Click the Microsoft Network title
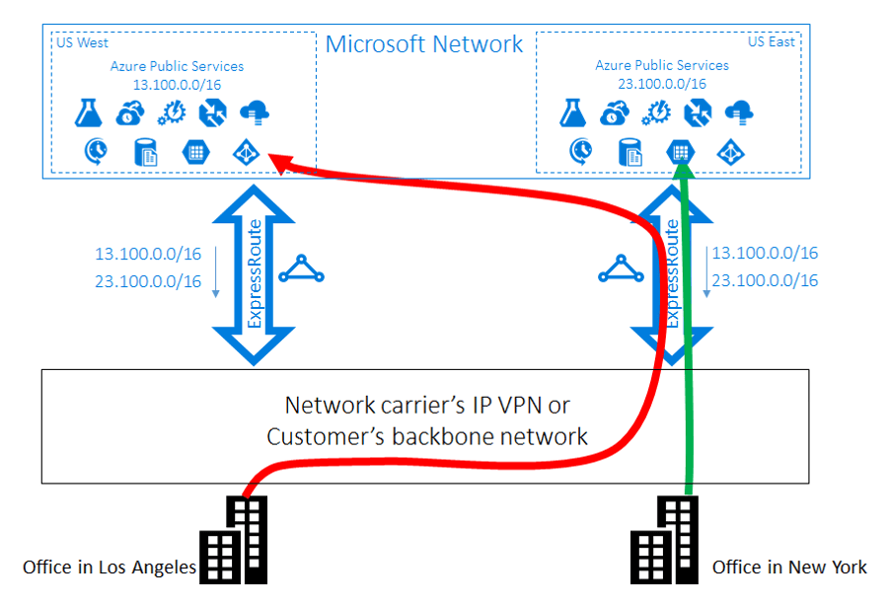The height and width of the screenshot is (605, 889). (x=424, y=44)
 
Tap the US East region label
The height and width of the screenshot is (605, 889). (x=770, y=41)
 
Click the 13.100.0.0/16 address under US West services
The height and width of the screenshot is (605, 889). (x=178, y=85)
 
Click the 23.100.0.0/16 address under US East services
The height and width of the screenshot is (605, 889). (x=662, y=84)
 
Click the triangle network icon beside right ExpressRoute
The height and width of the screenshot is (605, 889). (x=619, y=269)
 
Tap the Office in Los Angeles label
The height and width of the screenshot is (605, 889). (x=109, y=567)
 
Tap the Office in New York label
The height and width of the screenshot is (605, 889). (x=789, y=567)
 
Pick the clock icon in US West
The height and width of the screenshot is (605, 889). (x=96, y=152)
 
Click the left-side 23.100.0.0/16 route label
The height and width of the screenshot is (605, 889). (x=148, y=281)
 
